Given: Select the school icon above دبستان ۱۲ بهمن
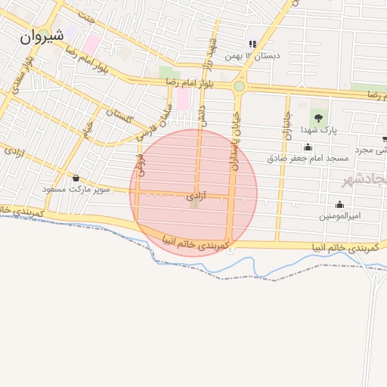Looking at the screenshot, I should pos(252,44).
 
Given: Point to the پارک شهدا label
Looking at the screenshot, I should pos(318,130).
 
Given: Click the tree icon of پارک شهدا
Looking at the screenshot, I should pos(319,117).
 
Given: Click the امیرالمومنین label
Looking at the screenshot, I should pos(340,216).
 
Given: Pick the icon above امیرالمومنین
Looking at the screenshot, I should pos(339,204).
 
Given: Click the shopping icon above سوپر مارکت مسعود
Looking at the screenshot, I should pos(76,178).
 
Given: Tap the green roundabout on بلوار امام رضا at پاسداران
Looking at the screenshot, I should pos(239,86).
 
